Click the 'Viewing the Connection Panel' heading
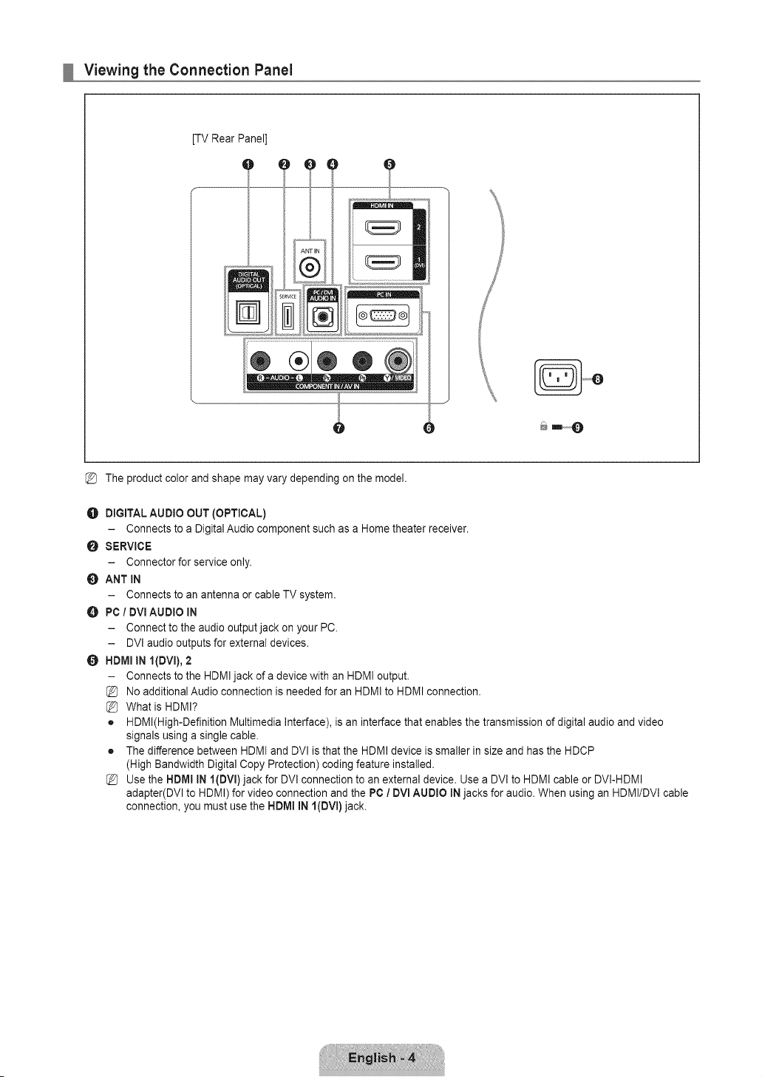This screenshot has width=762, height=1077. point(188,70)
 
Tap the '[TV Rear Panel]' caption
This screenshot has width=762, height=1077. point(229,138)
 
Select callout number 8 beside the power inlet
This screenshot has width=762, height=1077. point(597,379)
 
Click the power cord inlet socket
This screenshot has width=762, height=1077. point(558,378)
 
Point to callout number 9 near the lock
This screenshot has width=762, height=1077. point(578,427)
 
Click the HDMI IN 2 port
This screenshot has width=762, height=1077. point(383,226)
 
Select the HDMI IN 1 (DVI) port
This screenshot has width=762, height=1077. point(383,262)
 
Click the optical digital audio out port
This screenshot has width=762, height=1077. point(248,312)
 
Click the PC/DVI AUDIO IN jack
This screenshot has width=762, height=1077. point(322,316)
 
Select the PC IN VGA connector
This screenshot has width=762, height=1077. point(383,316)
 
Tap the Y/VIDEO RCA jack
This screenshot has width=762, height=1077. point(398,360)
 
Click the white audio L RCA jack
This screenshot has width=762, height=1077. point(299,361)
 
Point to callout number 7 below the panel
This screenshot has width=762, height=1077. point(339,428)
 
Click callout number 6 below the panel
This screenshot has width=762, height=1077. point(429,428)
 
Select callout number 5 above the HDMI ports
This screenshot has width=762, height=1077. point(389,164)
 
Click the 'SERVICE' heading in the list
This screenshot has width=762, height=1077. point(129,546)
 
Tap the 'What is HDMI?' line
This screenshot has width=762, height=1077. point(162,707)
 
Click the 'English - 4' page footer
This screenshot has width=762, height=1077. point(381,1058)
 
